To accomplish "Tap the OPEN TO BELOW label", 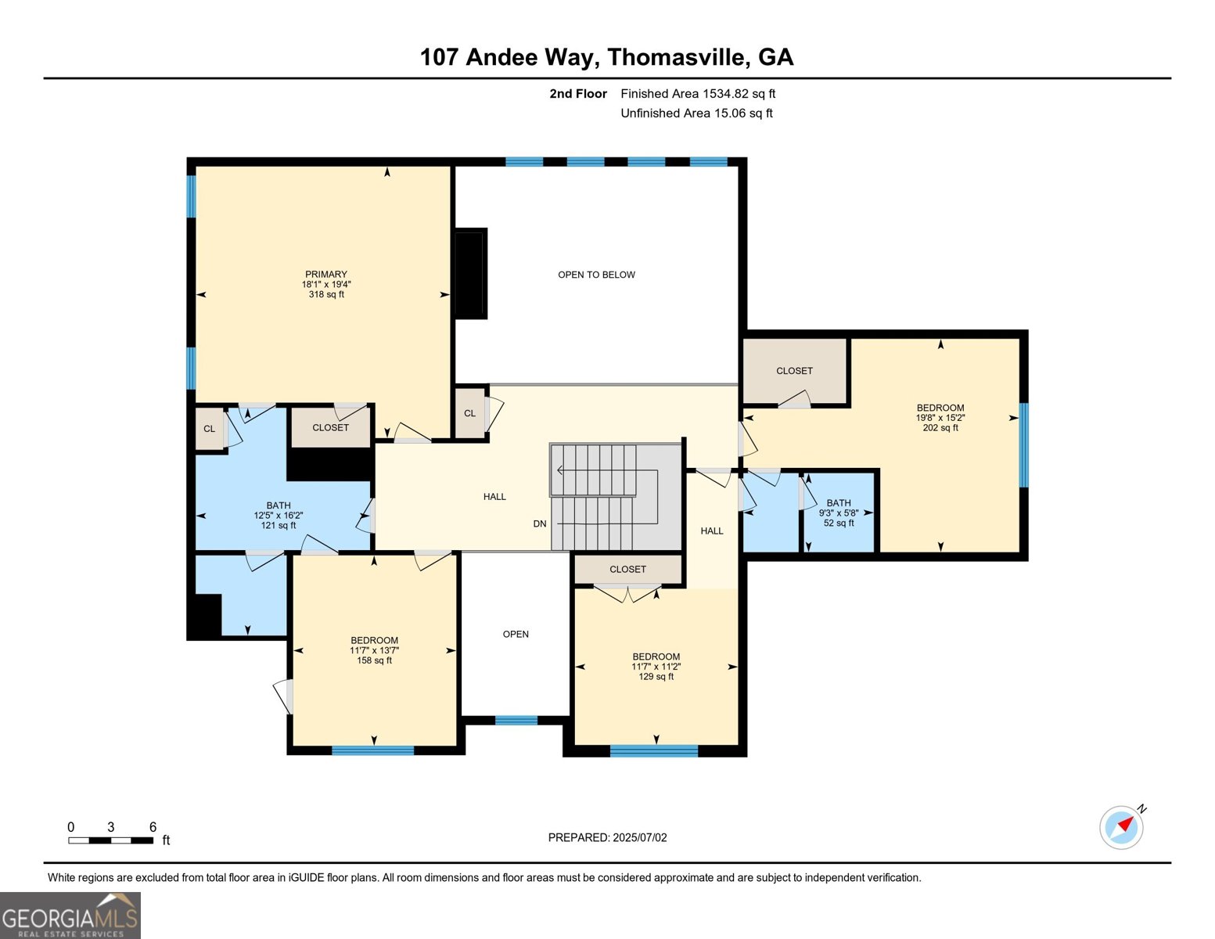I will pos(596,275).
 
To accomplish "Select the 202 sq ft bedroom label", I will pos(940,417).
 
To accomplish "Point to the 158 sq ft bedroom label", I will pos(374,649).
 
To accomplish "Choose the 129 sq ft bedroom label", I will pos(656,666).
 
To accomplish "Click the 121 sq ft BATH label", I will pos(279,515).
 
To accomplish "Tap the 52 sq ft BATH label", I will pos(839,513).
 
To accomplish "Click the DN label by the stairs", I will pos(540,523).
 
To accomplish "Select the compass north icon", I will pos(1122,826).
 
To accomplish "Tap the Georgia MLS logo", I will pos(70,916).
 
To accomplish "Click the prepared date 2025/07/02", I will pos(607,837).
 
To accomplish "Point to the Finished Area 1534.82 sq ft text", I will pos(698,94).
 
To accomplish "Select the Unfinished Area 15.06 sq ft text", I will pos(696,113).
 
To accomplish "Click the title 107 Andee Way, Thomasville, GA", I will pos(606,57).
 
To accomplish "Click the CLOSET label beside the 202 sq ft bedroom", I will pos(794,371).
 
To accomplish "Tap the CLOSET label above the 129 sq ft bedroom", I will pos(627,570).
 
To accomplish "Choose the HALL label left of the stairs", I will pos(494,497).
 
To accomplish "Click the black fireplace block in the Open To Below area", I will pos(471,273).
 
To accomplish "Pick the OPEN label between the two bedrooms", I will pos(516,634).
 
